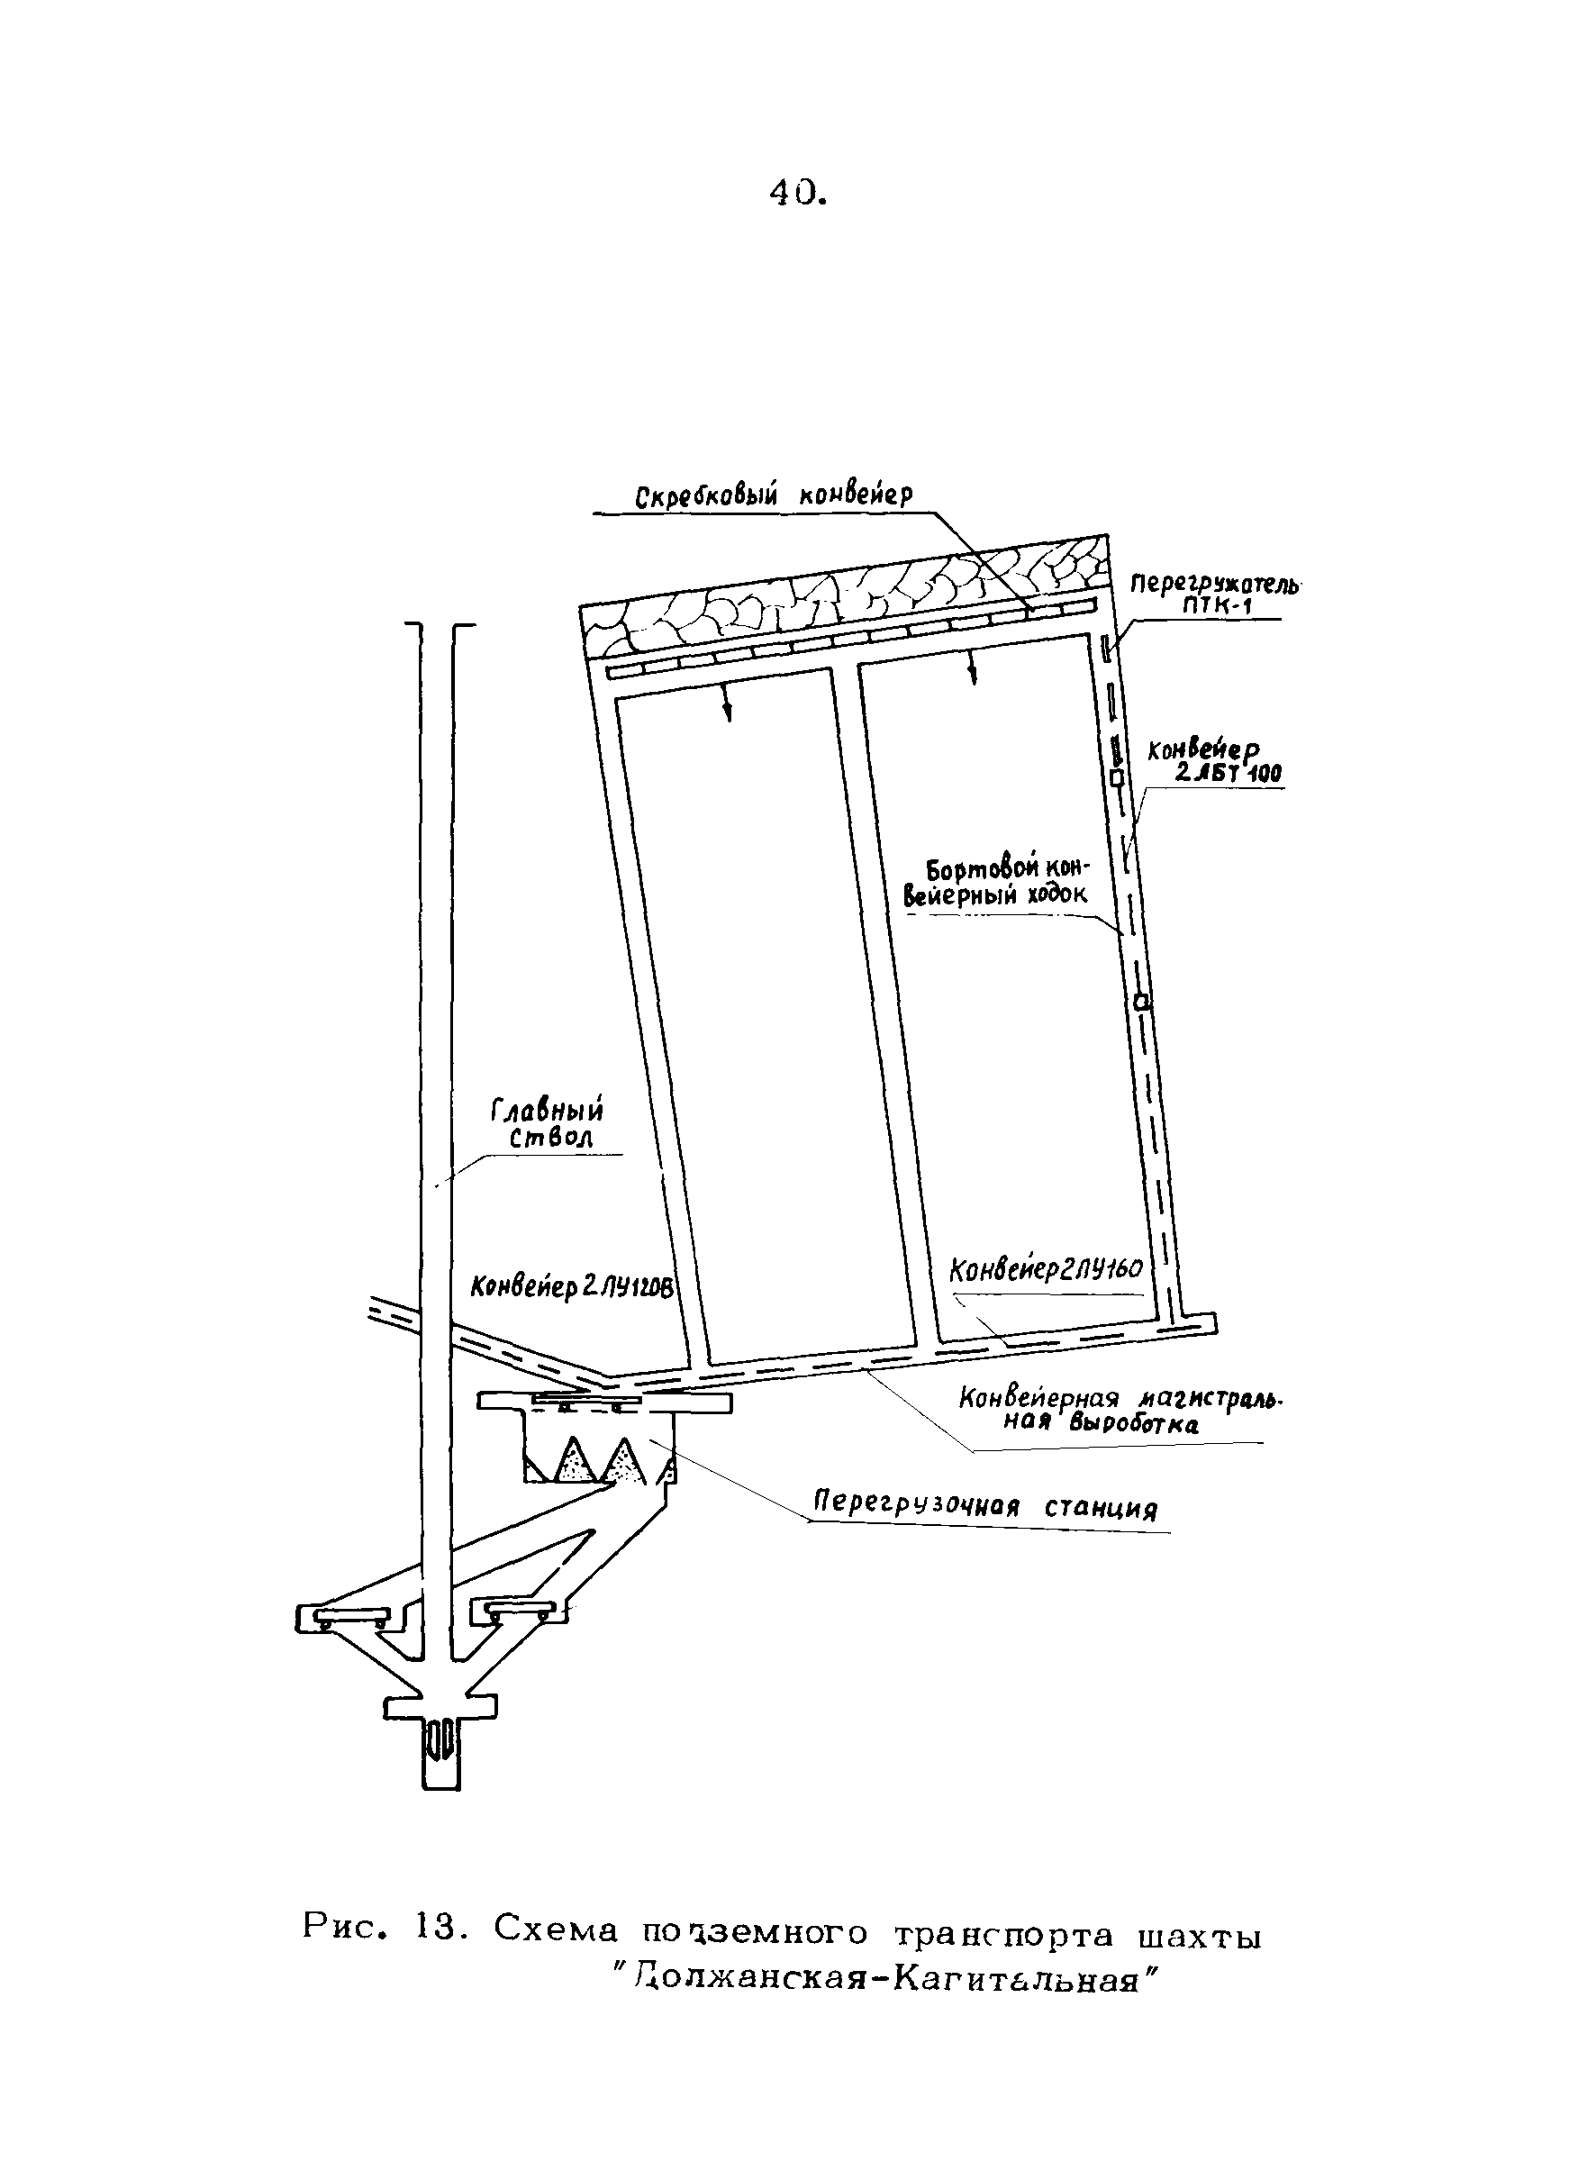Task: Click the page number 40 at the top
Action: click(797, 195)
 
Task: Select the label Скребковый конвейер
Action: click(773, 496)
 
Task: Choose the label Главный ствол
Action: click(548, 1123)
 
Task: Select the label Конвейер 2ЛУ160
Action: click(1047, 1268)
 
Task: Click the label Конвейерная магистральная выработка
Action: click(1111, 1412)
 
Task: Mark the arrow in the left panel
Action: click(728, 710)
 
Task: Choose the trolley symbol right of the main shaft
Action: click(519, 1611)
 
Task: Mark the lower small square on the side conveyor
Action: click(1141, 1003)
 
